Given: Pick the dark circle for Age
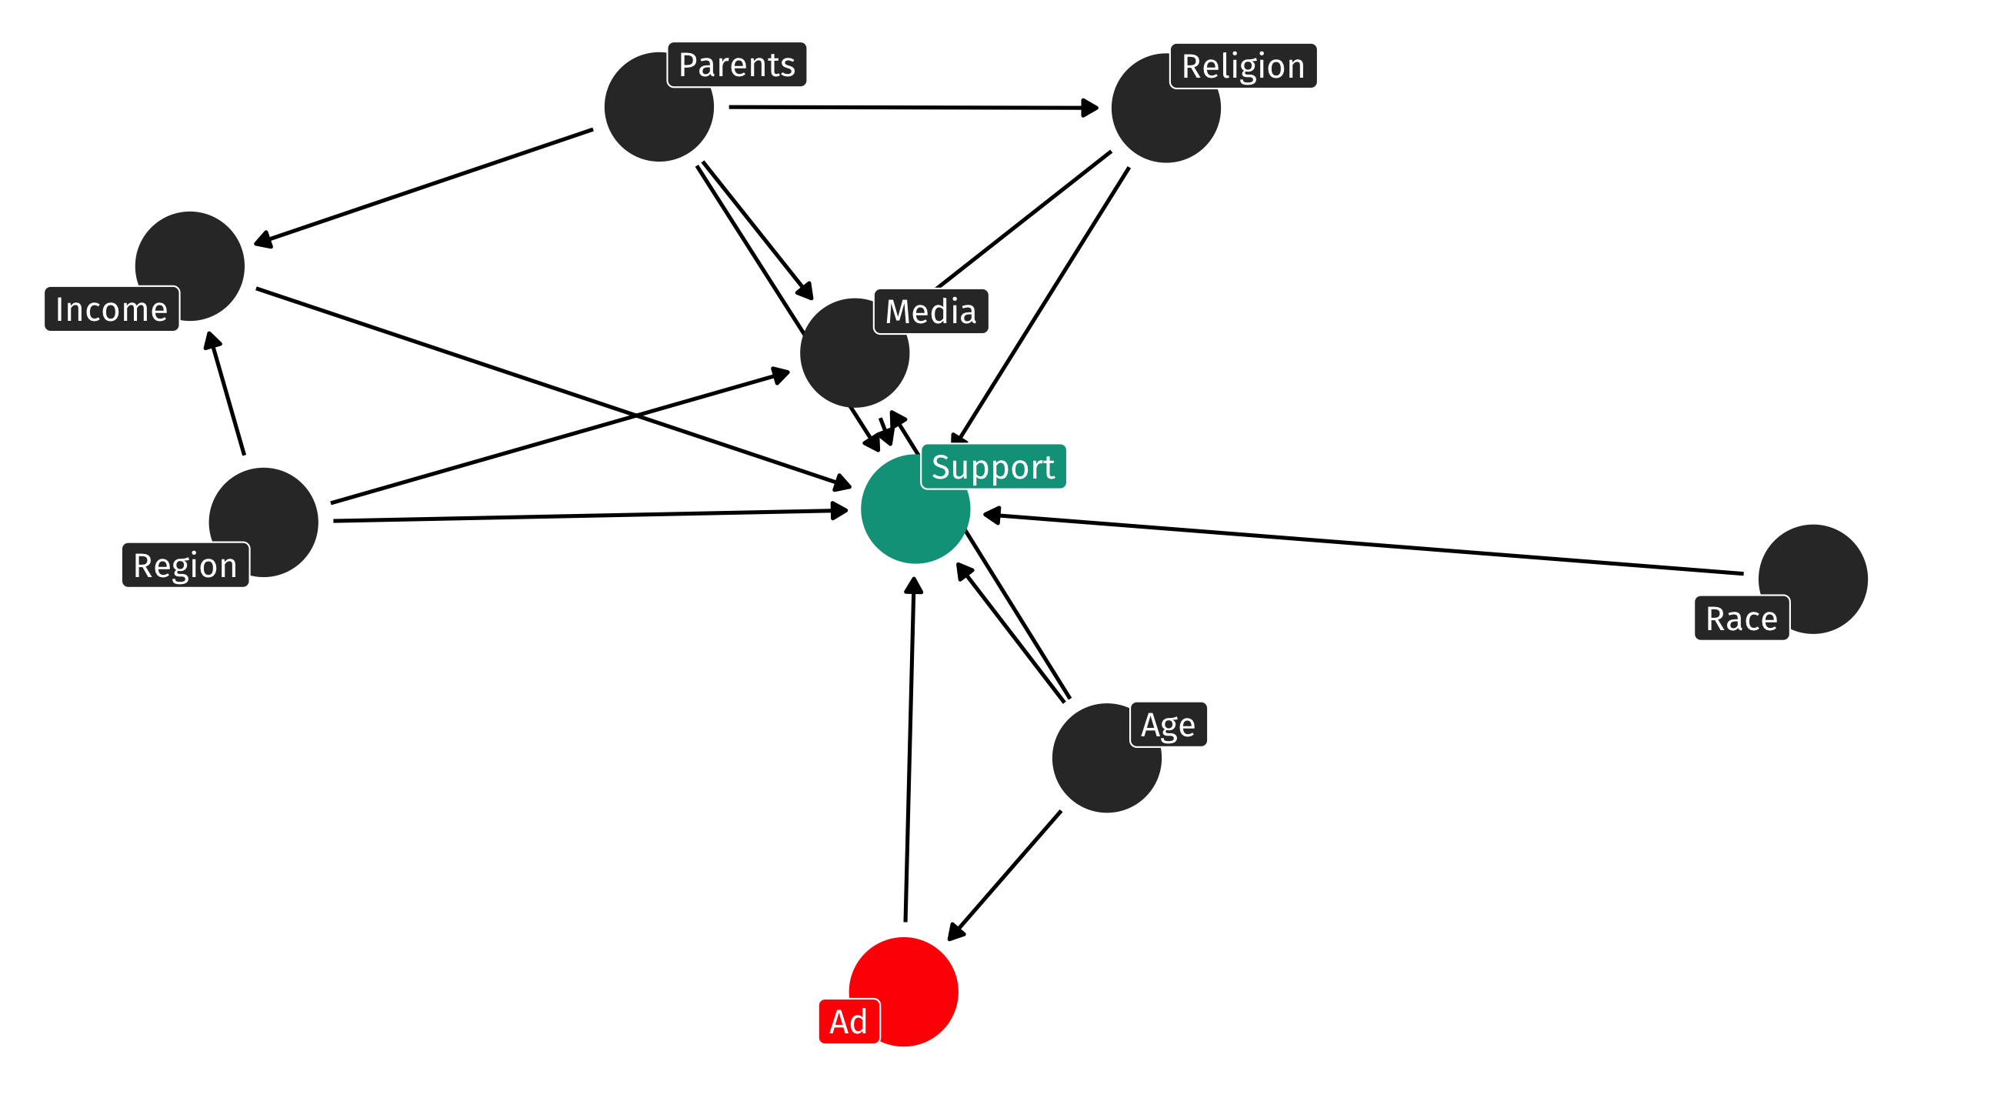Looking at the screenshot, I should [x=1106, y=759].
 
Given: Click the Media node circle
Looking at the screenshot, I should [x=854, y=354].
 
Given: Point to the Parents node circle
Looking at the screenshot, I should [x=658, y=108].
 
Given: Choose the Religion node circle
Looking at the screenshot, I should [x=1165, y=109].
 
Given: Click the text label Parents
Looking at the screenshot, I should [x=736, y=65].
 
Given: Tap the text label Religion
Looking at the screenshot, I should [x=1242, y=67].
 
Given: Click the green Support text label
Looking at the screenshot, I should [x=992, y=467].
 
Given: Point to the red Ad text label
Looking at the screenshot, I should [x=849, y=1022].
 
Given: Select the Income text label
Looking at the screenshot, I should [x=112, y=310].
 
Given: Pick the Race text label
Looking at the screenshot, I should [x=1741, y=619].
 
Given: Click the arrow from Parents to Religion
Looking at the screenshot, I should [x=913, y=108].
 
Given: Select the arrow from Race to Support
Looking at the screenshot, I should [x=1362, y=544].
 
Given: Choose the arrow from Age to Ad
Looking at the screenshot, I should [x=1004, y=876].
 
